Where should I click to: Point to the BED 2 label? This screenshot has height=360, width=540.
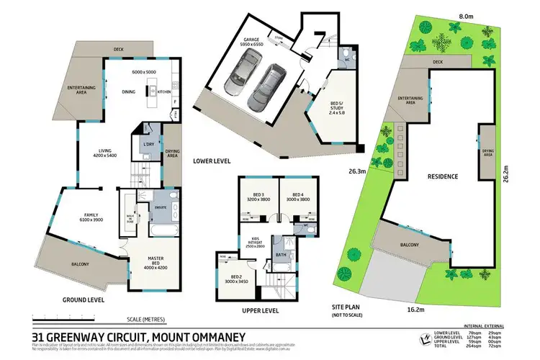click(238, 279)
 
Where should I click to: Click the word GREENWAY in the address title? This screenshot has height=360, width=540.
click(91, 335)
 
